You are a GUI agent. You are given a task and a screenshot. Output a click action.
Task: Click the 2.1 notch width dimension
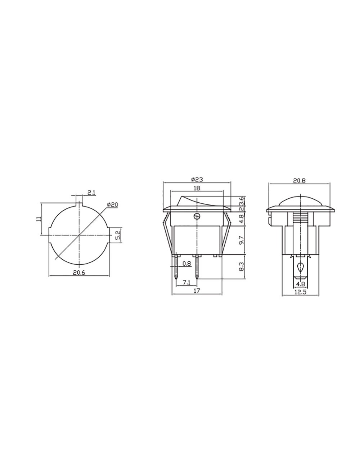coord(91,193)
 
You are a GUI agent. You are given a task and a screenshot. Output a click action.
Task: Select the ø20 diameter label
coord(112,204)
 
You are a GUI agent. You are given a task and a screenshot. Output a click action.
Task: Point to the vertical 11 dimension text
coord(39,219)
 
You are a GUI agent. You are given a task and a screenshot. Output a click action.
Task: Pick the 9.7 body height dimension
coord(242,240)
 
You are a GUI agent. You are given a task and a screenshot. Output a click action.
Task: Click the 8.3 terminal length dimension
coord(242,266)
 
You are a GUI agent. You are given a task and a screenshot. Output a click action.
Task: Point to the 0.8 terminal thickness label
coord(186,264)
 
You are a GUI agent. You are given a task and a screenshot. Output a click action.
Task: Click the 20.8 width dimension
coord(299,181)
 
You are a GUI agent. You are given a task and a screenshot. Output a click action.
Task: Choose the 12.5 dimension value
coord(300,293)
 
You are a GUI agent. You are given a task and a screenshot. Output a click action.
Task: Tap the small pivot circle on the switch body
coord(197,216)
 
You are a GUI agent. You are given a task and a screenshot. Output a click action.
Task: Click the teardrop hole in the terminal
coord(300,267)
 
